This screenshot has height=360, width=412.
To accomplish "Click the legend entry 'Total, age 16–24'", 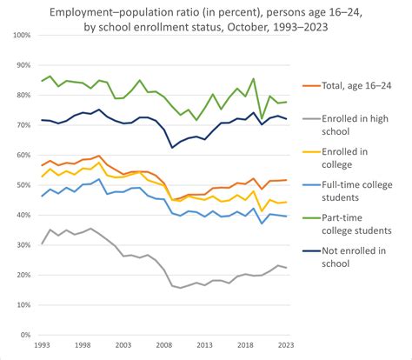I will (356, 85).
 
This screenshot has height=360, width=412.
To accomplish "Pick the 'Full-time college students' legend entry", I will (356, 191).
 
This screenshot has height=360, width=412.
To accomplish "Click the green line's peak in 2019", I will (253, 79).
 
